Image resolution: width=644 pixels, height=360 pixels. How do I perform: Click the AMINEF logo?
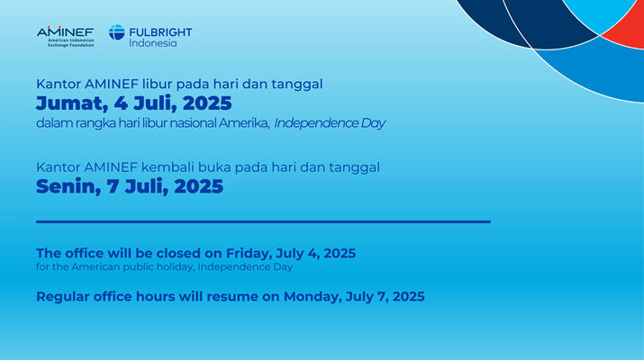66,37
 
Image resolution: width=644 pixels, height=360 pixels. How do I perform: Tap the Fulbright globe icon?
117,32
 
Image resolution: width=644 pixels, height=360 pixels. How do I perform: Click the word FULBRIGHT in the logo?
160,32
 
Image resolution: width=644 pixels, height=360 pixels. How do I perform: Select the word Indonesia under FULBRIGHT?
153,43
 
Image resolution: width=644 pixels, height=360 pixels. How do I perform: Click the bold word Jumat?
72,103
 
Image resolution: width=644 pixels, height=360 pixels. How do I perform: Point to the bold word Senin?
68,187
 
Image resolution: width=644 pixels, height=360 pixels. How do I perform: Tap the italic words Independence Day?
330,123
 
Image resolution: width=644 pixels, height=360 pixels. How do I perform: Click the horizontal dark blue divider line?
263,221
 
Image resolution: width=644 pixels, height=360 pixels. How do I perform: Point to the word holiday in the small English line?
177,267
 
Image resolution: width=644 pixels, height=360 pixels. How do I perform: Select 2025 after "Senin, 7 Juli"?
199,187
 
